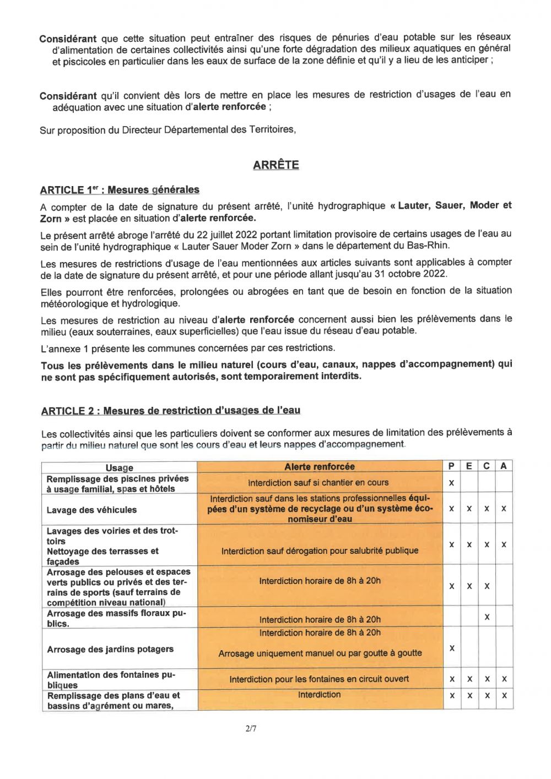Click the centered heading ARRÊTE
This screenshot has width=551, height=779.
tap(275, 165)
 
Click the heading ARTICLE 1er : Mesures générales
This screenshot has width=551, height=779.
tap(120, 190)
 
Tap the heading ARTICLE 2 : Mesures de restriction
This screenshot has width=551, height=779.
tap(170, 411)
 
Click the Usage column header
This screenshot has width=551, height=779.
tap(120, 467)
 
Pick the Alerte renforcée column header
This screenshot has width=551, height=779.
tap(320, 467)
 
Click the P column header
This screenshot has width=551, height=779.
tap(451, 466)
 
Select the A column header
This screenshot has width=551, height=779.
tap(504, 466)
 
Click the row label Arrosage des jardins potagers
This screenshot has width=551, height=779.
tap(110, 649)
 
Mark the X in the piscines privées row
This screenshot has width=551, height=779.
tap(451, 483)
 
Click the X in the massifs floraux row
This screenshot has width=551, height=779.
tap(487, 618)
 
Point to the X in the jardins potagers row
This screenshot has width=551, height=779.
tap(452, 649)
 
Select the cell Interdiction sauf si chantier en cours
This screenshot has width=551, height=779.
tap(318, 483)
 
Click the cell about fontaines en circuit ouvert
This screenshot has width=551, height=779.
tap(320, 679)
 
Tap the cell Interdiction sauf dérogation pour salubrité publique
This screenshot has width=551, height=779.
tap(320, 551)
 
